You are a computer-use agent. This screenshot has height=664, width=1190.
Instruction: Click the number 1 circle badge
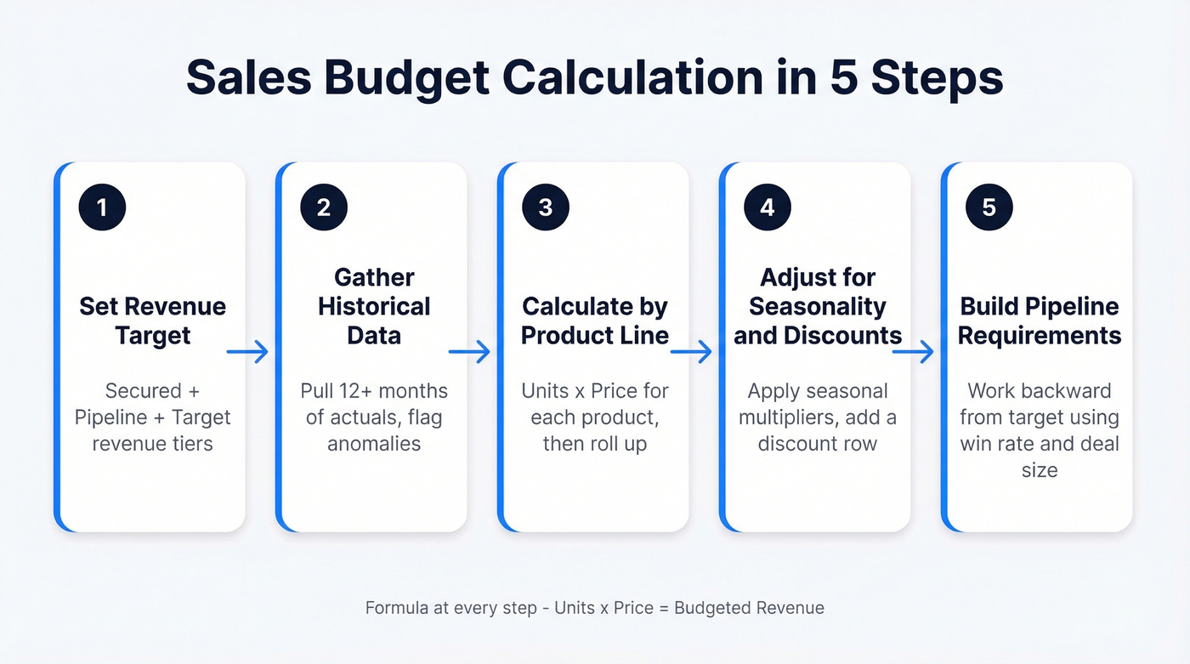(x=102, y=208)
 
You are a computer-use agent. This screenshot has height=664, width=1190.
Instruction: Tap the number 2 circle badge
(x=324, y=208)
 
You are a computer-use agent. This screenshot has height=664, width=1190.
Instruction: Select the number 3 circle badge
(x=546, y=208)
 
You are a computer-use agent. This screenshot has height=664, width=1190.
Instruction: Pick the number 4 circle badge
(x=768, y=208)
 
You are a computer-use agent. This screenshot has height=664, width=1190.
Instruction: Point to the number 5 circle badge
(x=989, y=208)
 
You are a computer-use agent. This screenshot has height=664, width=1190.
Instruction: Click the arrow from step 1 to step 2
(x=247, y=351)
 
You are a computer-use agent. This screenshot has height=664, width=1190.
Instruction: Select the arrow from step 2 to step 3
(x=469, y=351)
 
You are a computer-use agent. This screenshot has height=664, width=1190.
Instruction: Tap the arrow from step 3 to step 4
(x=691, y=351)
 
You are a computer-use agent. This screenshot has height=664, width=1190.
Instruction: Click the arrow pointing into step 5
(x=913, y=351)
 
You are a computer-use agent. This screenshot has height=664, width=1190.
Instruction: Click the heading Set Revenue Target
(x=153, y=321)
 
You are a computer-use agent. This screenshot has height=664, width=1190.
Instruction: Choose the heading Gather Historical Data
(x=374, y=306)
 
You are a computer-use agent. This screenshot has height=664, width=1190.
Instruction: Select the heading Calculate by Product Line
(x=595, y=321)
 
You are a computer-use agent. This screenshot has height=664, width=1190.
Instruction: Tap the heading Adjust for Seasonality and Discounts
(x=817, y=306)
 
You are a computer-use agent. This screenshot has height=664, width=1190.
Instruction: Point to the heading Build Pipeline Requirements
(x=1039, y=321)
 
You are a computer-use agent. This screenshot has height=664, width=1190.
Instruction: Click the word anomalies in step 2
(x=374, y=444)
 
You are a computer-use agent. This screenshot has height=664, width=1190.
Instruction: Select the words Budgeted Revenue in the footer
(x=749, y=608)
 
